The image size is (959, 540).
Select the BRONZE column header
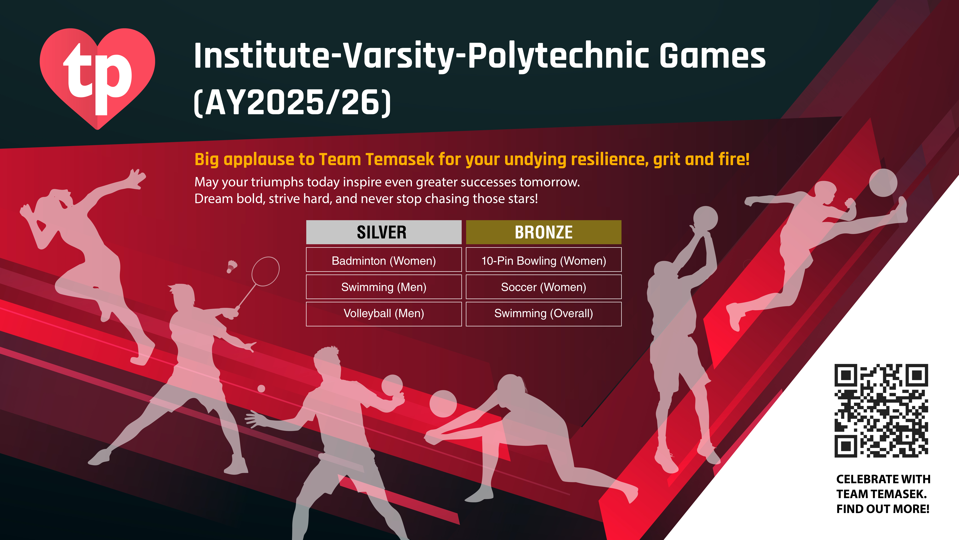[544, 232]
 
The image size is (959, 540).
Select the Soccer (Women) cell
[544, 287]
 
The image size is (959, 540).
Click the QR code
[881, 411]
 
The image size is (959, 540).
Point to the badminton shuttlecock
[232, 266]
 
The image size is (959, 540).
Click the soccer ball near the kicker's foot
[883, 183]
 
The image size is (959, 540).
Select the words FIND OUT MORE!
[883, 509]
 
